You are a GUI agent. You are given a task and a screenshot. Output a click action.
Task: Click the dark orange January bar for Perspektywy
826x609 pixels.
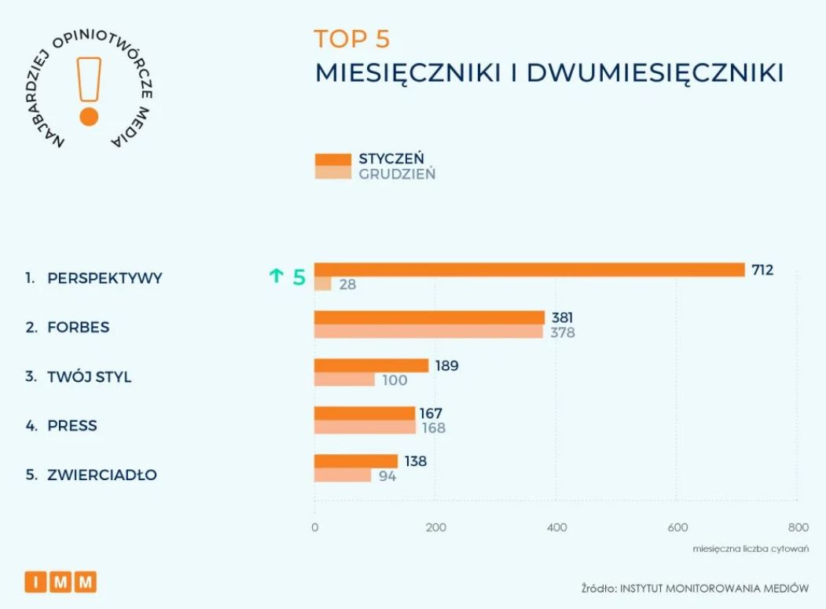pyautogui.click(x=529, y=270)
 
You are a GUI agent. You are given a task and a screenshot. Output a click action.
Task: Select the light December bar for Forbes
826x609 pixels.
pyautogui.click(x=428, y=332)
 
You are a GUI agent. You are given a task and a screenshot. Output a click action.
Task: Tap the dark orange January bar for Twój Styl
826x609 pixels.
pyautogui.click(x=371, y=365)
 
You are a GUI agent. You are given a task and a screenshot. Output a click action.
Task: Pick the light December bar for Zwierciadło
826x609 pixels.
pyautogui.click(x=343, y=475)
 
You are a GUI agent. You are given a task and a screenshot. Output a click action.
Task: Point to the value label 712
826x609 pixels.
pyautogui.click(x=762, y=270)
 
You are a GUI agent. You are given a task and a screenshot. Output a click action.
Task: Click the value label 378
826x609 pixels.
pyautogui.click(x=562, y=332)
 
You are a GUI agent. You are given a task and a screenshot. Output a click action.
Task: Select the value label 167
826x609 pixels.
pyautogui.click(x=431, y=413)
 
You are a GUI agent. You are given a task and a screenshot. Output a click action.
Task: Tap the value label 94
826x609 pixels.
pyautogui.click(x=387, y=475)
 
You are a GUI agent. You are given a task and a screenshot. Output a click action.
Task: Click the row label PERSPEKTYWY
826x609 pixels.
pyautogui.click(x=105, y=278)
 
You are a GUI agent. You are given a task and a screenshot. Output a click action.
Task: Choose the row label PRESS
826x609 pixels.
pyautogui.click(x=72, y=426)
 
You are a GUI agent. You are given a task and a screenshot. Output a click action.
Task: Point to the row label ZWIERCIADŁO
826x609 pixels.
pyautogui.click(x=102, y=475)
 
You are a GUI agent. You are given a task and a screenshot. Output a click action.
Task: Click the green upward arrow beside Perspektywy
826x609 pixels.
pyautogui.click(x=276, y=276)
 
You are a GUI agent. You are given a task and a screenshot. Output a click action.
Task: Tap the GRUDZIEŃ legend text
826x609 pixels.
pyautogui.click(x=397, y=174)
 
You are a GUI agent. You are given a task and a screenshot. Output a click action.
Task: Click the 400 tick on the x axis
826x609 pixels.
pyautogui.click(x=556, y=527)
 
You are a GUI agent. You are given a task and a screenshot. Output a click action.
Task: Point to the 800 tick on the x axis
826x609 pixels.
pyautogui.click(x=797, y=527)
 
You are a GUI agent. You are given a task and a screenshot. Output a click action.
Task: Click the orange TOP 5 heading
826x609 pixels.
pyautogui.click(x=351, y=39)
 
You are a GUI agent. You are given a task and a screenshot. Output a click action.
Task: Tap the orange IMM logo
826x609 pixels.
pyautogui.click(x=61, y=581)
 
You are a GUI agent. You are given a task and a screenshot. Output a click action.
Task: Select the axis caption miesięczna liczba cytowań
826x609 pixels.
pyautogui.click(x=751, y=548)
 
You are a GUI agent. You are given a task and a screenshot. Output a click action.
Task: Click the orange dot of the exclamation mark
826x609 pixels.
pyautogui.click(x=89, y=117)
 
